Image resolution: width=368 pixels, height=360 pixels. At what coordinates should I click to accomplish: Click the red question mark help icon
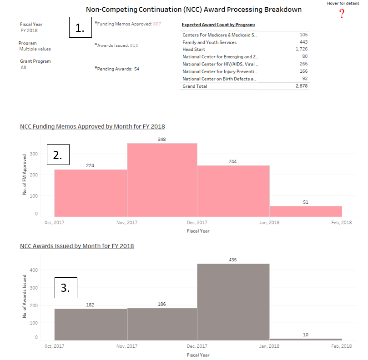[342, 14]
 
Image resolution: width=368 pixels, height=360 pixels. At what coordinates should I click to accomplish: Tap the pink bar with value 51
[306, 211]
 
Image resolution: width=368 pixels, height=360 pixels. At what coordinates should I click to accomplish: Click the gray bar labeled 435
[233, 302]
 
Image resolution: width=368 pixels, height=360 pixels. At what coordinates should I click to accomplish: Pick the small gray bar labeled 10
[306, 339]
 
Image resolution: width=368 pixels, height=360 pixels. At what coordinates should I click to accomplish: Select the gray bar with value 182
[91, 325]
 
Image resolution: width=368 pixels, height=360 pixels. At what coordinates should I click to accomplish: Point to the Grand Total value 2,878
[301, 86]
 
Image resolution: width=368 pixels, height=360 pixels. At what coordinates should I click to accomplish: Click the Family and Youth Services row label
[209, 42]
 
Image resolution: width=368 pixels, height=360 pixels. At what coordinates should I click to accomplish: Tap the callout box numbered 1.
[80, 28]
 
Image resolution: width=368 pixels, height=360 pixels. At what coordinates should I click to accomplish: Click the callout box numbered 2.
[58, 155]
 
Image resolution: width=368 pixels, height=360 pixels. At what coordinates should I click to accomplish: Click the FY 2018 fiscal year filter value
[29, 31]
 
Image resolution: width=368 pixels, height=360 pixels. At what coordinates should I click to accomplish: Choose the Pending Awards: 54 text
[117, 69]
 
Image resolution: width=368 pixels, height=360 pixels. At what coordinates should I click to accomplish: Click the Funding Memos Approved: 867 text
[128, 23]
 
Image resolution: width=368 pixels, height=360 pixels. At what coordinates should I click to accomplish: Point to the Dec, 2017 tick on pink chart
[197, 222]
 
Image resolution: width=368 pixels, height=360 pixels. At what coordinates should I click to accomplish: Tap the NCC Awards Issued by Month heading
[77, 246]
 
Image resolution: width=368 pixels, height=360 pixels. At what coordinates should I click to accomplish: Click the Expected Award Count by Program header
[218, 25]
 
